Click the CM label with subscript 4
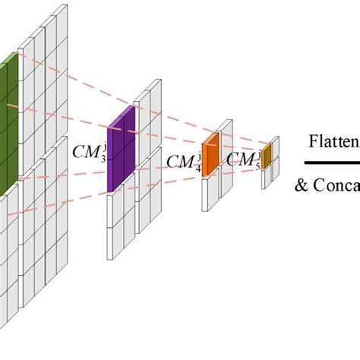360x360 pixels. [x=183, y=161]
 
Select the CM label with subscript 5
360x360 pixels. [x=242, y=159]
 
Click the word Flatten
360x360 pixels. [x=333, y=141]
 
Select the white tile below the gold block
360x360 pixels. [x=266, y=176]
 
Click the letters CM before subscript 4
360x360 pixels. [x=179, y=162]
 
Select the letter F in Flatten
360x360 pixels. [x=312, y=141]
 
